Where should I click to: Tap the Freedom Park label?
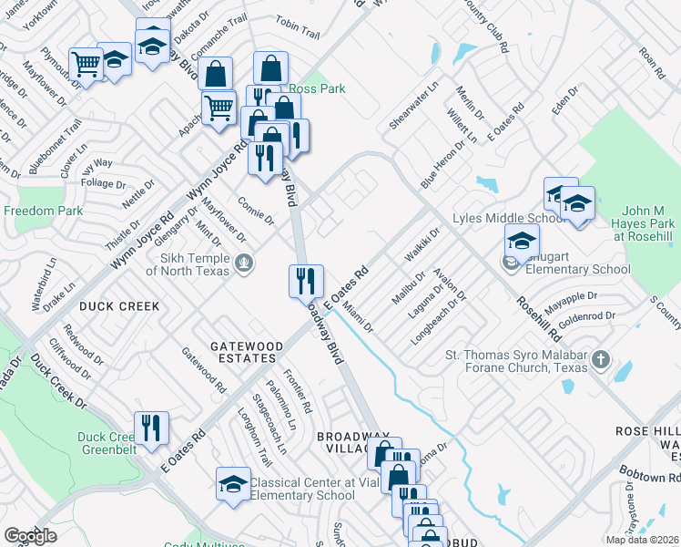[43, 211]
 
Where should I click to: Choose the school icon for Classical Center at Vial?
[233, 483]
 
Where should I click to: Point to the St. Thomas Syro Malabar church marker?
[599, 360]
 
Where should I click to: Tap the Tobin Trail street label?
[297, 30]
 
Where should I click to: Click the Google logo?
[31, 535]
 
